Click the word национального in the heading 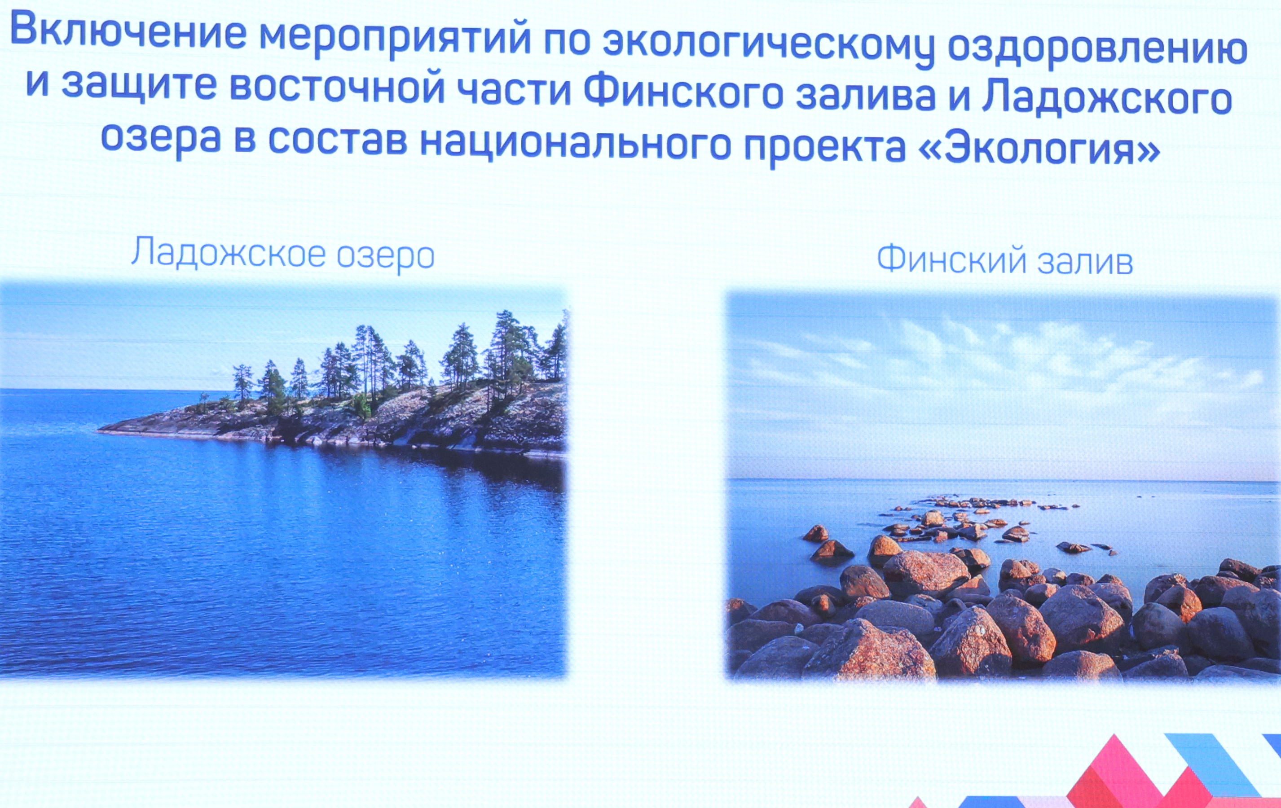pos(575,144)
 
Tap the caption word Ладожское pos(228,252)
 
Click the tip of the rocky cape pos(98,430)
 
